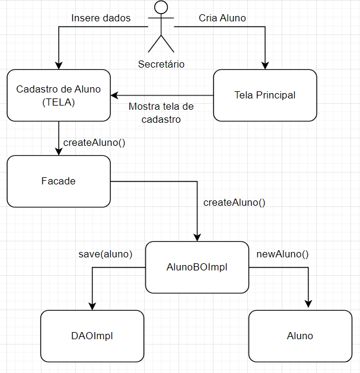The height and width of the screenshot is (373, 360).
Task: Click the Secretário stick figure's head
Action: click(x=161, y=8)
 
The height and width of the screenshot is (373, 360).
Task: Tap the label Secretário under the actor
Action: click(x=161, y=64)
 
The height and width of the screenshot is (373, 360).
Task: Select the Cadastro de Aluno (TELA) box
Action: click(x=58, y=95)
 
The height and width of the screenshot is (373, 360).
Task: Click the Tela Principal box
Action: click(x=265, y=95)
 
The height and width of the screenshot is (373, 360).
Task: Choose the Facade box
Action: click(x=58, y=181)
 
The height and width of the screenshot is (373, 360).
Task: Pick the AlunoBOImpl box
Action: click(x=197, y=267)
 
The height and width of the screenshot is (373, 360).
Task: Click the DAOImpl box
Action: click(x=92, y=336)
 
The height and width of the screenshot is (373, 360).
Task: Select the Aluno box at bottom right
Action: click(x=300, y=336)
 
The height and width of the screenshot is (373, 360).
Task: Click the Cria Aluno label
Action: click(x=222, y=18)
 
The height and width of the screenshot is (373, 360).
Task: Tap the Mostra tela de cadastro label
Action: click(x=161, y=113)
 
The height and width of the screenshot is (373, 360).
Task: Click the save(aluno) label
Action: click(x=105, y=254)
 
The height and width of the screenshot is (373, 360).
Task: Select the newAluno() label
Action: click(x=282, y=254)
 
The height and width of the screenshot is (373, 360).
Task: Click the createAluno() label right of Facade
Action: click(x=234, y=202)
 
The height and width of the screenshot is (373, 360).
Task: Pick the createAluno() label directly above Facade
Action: click(x=94, y=142)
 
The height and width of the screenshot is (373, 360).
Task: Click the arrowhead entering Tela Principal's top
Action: click(x=265, y=65)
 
